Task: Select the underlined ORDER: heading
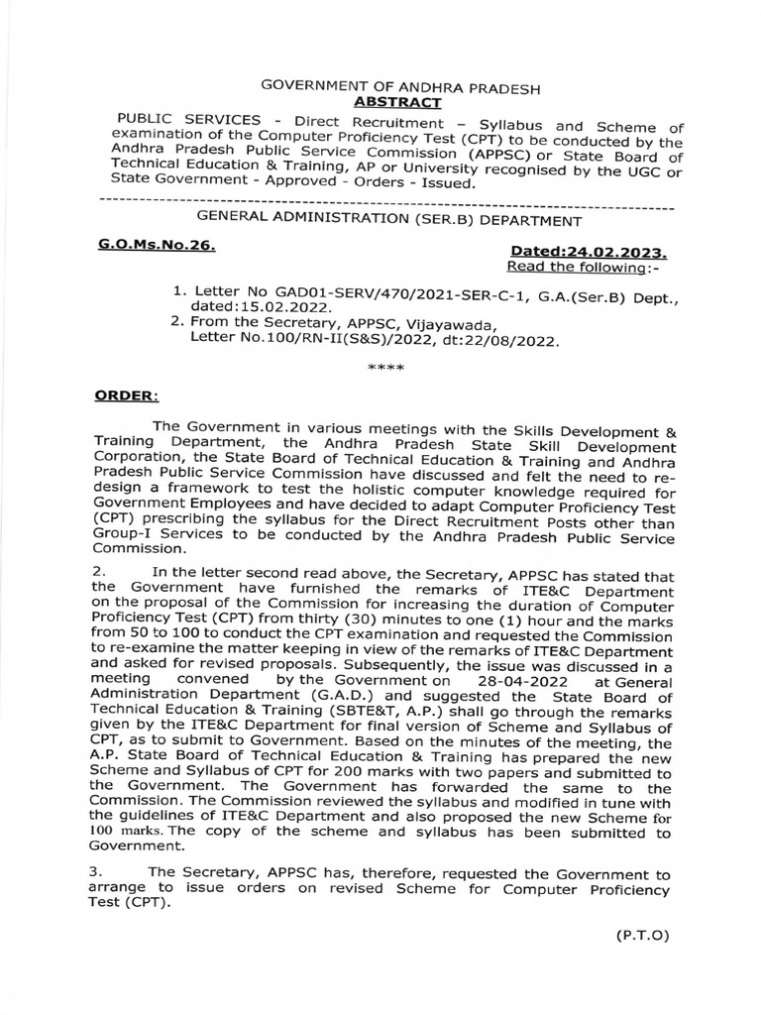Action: click(x=126, y=396)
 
